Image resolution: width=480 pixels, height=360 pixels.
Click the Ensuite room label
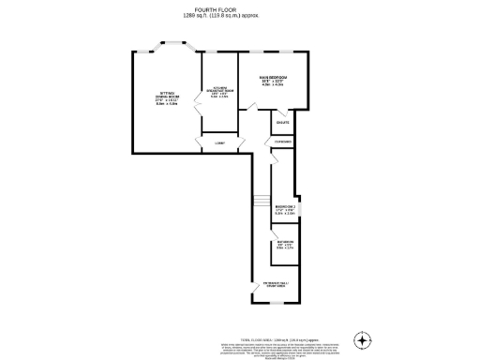pos(282,123)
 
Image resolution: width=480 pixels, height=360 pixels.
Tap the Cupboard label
pos(283,142)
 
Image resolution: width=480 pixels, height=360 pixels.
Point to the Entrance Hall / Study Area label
pos(277,282)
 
